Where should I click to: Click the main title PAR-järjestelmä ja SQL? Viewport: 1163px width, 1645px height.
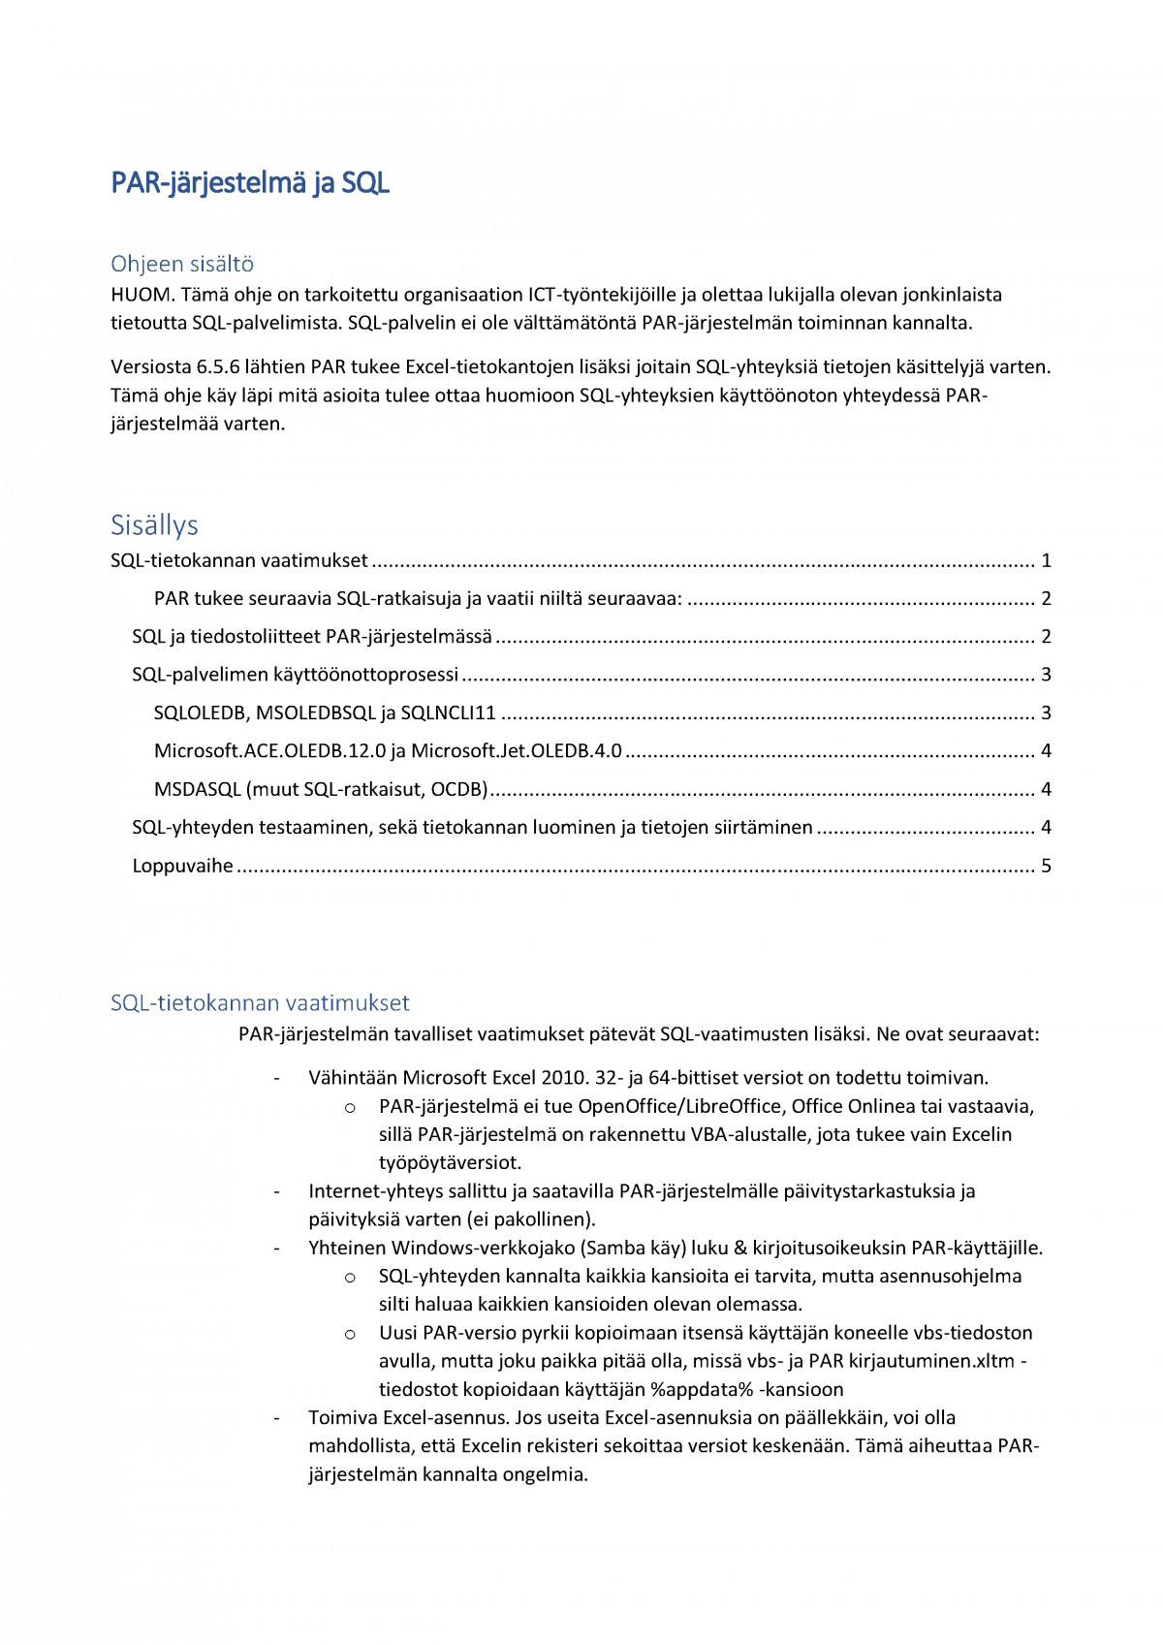tap(250, 183)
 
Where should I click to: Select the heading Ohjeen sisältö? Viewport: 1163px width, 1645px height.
tap(182, 264)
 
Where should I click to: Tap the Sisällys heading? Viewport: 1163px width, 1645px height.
tap(154, 525)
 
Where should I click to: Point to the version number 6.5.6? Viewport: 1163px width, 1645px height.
tap(223, 367)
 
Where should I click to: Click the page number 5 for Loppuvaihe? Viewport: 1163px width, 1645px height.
tap(1046, 866)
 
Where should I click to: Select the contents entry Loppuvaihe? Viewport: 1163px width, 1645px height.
tap(182, 866)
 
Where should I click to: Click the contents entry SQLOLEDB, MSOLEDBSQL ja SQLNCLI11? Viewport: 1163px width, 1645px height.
tap(325, 713)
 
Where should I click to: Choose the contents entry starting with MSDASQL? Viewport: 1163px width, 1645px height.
tap(320, 789)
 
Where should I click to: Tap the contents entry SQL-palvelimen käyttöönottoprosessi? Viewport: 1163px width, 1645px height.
tap(295, 675)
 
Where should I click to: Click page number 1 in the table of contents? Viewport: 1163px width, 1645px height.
tap(1046, 560)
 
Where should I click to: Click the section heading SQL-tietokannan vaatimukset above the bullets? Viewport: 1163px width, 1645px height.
tap(260, 1003)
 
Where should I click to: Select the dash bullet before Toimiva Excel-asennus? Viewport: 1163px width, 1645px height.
tap(277, 1418)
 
